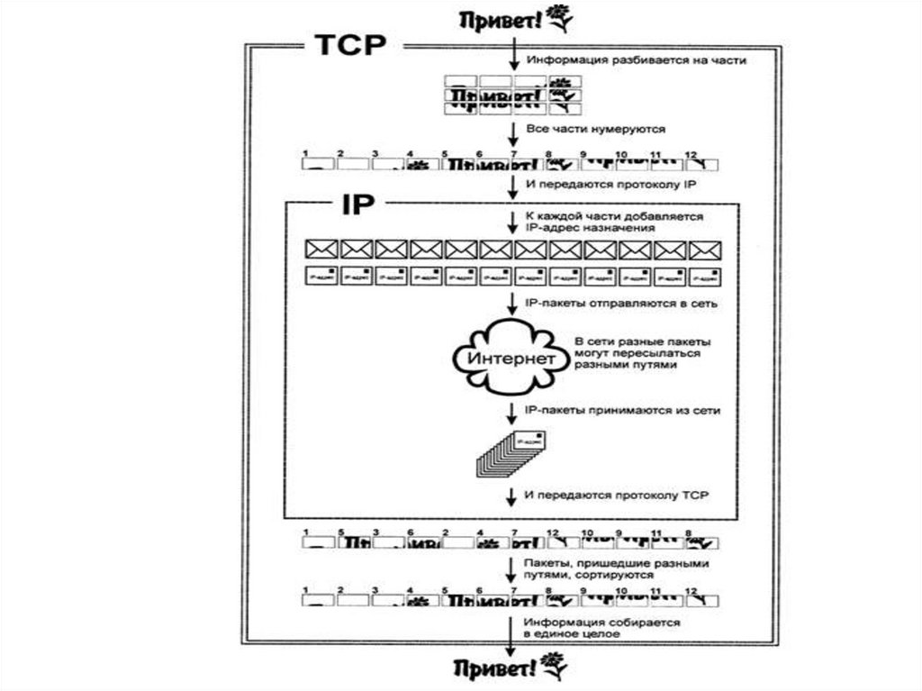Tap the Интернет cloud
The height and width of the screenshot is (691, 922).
tap(511, 359)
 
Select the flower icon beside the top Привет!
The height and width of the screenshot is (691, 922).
tap(559, 17)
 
